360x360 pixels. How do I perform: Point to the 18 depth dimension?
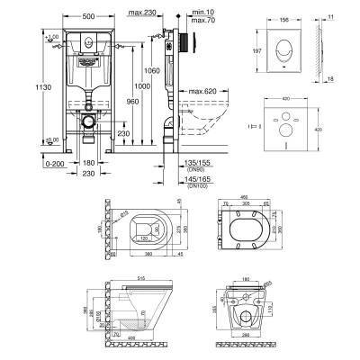[329, 79]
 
